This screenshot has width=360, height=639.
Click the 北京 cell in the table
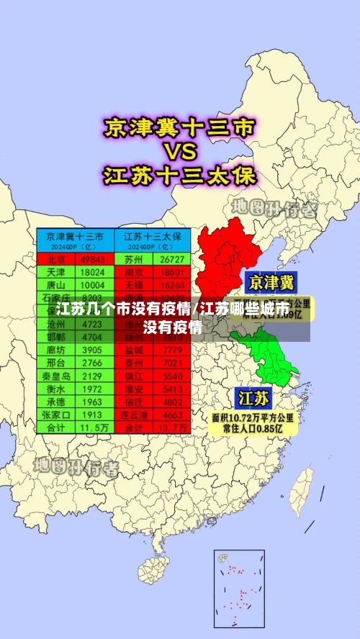coord(56,259)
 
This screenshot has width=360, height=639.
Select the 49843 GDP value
coord(93,259)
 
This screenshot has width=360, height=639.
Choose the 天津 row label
coord(56,273)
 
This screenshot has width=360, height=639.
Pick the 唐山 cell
coord(56,286)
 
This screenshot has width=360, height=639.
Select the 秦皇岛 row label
coord(56,376)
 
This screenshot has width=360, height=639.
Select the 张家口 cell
coord(56,414)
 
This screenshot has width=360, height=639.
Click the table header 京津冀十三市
coord(75,236)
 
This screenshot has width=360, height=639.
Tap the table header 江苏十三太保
coord(153,236)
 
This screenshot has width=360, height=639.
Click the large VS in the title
coord(178,152)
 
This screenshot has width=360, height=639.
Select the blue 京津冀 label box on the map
coord(271,281)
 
